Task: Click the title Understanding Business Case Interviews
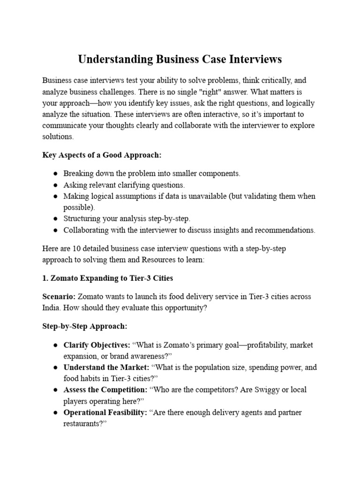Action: tap(180, 60)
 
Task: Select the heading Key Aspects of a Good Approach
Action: tap(102, 155)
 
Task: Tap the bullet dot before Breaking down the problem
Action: tap(55, 173)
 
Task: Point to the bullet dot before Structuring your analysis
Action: tap(55, 218)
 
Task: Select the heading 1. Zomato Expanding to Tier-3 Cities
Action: tap(107, 278)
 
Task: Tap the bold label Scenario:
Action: tap(59, 297)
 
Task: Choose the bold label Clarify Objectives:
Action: tap(97, 345)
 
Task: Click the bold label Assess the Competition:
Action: tap(105, 390)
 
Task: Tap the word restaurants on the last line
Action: tap(83, 424)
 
